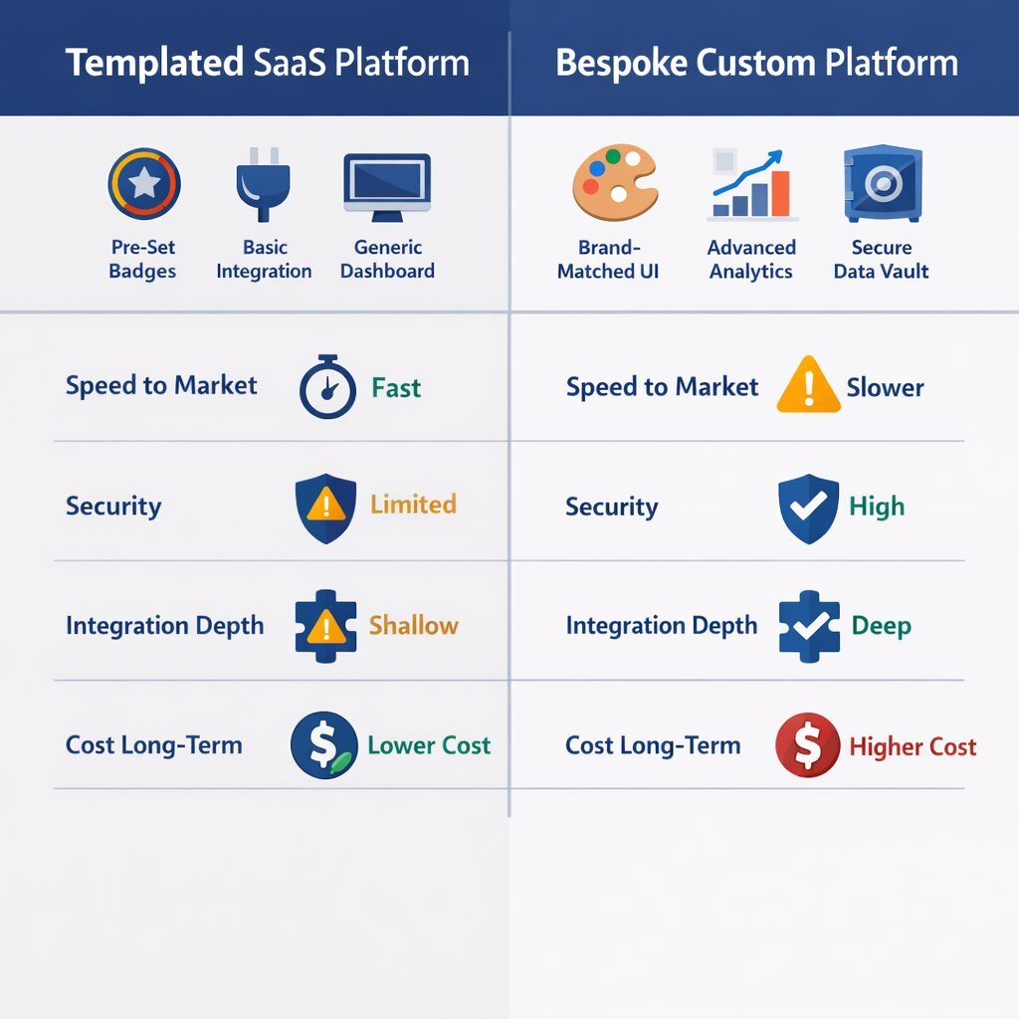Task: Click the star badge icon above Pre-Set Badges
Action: [x=143, y=183]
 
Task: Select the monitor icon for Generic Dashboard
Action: [x=387, y=184]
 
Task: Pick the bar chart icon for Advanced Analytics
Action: [x=752, y=184]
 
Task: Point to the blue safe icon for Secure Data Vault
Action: [x=882, y=183]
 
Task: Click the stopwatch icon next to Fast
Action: [x=327, y=387]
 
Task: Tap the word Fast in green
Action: [x=396, y=387]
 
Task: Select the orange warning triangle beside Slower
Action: [x=808, y=385]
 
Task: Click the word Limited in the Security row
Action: [x=413, y=505]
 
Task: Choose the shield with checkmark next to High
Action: [x=808, y=507]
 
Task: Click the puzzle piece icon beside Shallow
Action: [x=325, y=626]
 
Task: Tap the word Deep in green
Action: [x=881, y=626]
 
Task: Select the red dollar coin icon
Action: [x=807, y=745]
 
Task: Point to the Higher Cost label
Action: [x=913, y=746]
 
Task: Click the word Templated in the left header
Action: [x=154, y=63]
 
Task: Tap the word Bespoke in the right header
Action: [x=621, y=63]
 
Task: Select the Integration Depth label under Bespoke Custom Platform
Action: [x=661, y=626]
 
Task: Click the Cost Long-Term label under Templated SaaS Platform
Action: [x=154, y=745]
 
